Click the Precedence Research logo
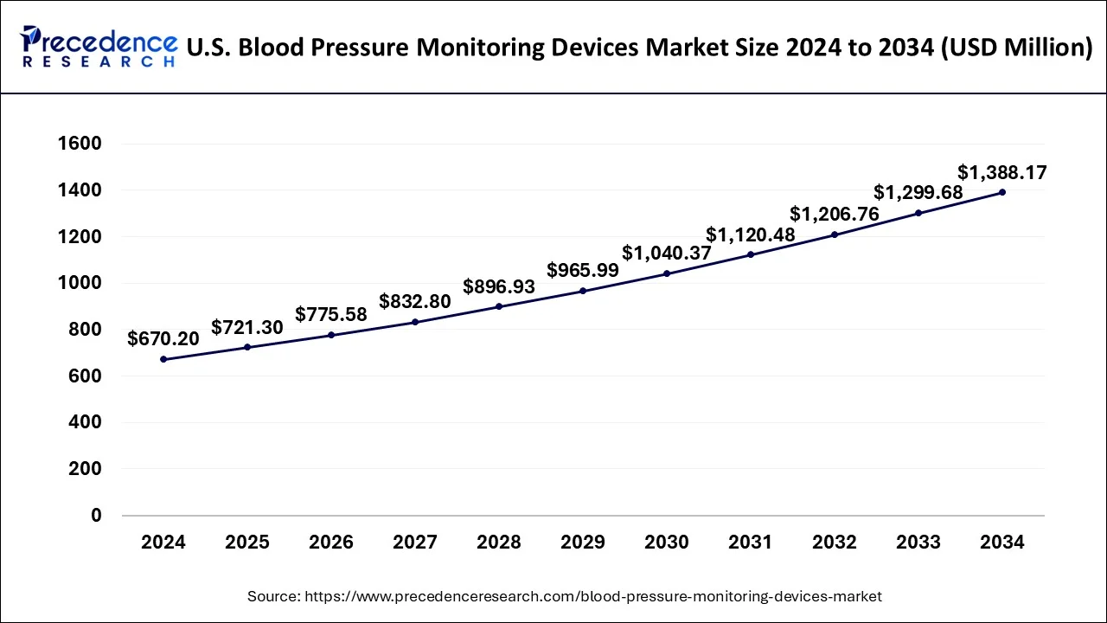click(98, 47)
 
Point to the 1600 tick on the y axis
click(79, 144)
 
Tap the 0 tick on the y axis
click(96, 516)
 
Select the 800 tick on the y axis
click(85, 330)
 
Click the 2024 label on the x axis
click(163, 543)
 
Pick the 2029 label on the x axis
click(583, 543)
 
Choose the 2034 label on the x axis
click(1002, 543)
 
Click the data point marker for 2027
click(415, 322)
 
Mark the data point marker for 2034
click(1002, 192)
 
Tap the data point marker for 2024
click(163, 359)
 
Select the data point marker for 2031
click(751, 254)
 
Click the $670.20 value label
click(163, 339)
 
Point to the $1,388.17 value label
click(1002, 173)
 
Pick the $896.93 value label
click(499, 286)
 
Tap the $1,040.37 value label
click(667, 254)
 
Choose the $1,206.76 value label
click(835, 215)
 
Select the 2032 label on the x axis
click(835, 543)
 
